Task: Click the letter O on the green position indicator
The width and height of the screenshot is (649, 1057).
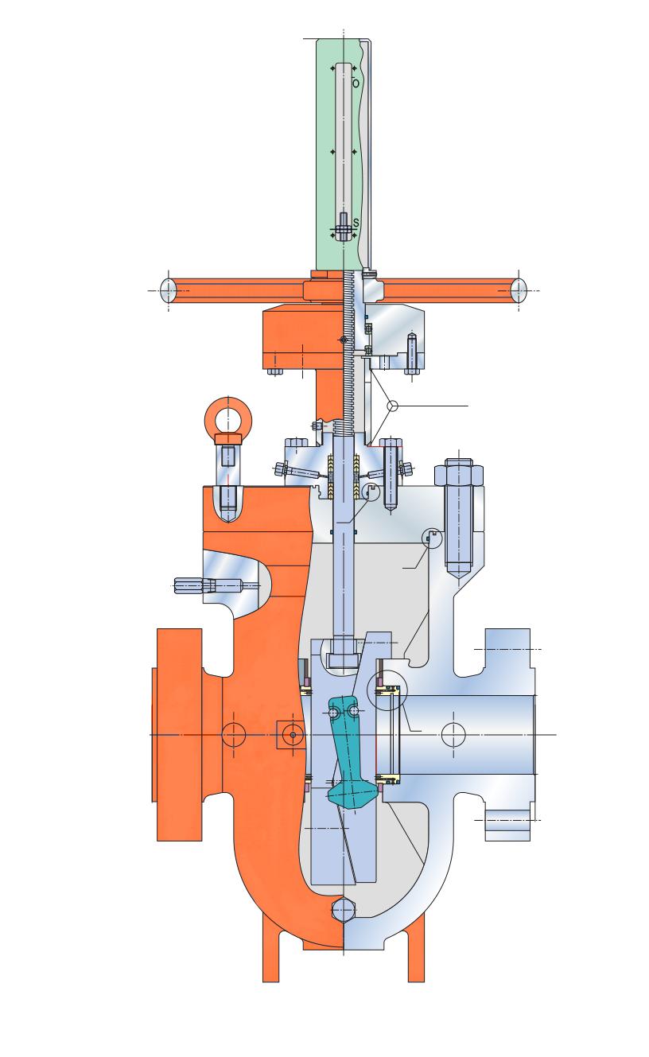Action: pyautogui.click(x=356, y=84)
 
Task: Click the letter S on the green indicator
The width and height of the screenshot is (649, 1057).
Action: pyautogui.click(x=356, y=223)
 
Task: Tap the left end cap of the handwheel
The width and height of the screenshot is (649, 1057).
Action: pyautogui.click(x=169, y=290)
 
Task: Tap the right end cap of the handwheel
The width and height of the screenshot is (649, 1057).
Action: pyautogui.click(x=519, y=290)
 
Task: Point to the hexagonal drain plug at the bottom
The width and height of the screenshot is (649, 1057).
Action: pyautogui.click(x=343, y=910)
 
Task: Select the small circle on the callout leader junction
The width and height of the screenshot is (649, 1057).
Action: pyautogui.click(x=392, y=406)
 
